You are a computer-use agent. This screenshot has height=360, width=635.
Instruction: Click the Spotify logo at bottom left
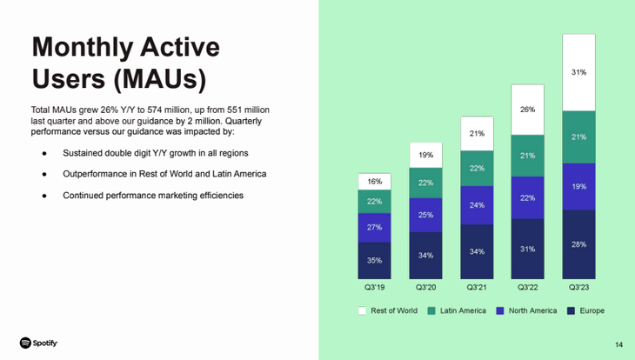click(x=39, y=343)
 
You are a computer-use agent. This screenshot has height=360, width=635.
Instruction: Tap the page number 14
click(x=618, y=344)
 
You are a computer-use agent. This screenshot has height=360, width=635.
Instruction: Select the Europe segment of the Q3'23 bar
click(x=578, y=244)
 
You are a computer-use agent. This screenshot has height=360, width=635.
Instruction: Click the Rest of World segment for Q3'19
click(x=374, y=182)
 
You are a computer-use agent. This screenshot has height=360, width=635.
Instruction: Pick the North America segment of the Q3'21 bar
click(x=477, y=205)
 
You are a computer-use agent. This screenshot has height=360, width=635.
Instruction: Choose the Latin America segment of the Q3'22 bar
click(x=527, y=156)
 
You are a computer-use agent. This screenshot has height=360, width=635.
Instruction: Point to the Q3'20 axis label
click(x=425, y=288)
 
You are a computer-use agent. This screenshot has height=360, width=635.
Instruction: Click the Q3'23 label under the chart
click(x=578, y=288)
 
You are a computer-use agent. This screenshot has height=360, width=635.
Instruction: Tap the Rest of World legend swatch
click(x=361, y=310)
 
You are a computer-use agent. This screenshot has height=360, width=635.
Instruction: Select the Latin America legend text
click(x=464, y=310)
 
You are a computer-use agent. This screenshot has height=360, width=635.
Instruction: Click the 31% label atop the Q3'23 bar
click(x=578, y=72)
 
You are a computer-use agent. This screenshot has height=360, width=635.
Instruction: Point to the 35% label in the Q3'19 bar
click(x=374, y=260)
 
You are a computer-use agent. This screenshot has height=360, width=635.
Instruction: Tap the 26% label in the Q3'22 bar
click(x=527, y=110)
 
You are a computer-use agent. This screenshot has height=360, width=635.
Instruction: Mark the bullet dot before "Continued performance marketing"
click(x=45, y=195)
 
